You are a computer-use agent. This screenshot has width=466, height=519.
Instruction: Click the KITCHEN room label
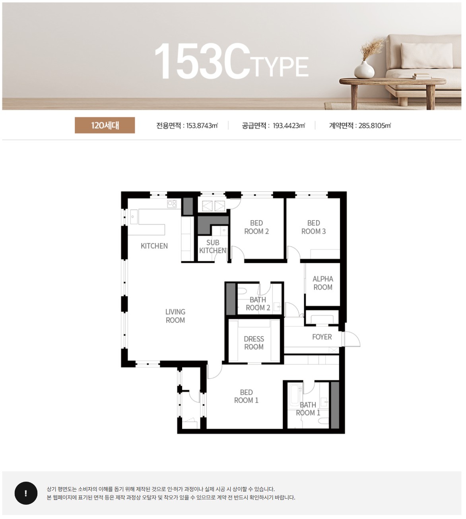point(154,246)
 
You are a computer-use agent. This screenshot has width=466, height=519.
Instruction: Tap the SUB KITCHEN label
point(213,246)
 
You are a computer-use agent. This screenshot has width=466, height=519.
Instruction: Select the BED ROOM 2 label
point(256,227)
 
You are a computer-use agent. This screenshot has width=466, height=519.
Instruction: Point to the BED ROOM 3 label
point(313,227)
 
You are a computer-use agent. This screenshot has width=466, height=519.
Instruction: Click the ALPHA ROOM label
point(323,283)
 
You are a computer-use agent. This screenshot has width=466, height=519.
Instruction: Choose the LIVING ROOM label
point(175,316)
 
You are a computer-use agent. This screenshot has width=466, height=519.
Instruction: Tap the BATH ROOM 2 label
point(258,304)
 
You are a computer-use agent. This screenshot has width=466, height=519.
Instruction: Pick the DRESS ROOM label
point(254,343)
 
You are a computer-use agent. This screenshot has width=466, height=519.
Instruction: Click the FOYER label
point(322,337)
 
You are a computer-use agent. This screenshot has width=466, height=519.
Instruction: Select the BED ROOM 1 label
point(247,396)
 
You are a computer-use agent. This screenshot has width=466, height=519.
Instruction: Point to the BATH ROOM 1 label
point(308,409)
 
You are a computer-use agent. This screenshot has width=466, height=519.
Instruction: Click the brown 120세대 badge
point(105,125)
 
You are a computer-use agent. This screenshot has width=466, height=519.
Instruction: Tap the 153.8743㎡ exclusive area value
point(202,126)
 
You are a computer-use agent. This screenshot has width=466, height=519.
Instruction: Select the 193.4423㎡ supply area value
point(289,126)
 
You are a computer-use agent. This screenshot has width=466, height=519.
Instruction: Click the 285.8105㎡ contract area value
point(375,126)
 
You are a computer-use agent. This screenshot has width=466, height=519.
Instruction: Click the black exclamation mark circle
point(26,493)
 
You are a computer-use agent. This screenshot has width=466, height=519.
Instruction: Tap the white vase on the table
point(364,69)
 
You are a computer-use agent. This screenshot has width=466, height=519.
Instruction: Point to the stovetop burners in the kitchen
point(172,204)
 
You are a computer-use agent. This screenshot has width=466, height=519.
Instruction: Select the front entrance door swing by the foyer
point(351,339)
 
